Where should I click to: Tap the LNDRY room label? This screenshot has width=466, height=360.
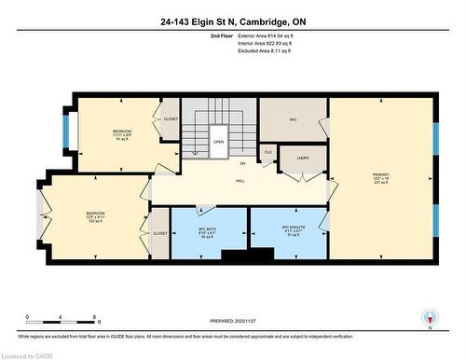click(303, 159)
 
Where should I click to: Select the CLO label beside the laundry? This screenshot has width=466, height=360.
click(267, 152)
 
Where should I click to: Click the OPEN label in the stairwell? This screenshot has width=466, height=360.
click(218, 142)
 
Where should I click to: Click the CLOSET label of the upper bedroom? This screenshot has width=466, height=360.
click(171, 118)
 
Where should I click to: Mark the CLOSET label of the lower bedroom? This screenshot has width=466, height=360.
click(159, 233)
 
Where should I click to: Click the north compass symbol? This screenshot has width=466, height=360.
click(428, 318)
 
